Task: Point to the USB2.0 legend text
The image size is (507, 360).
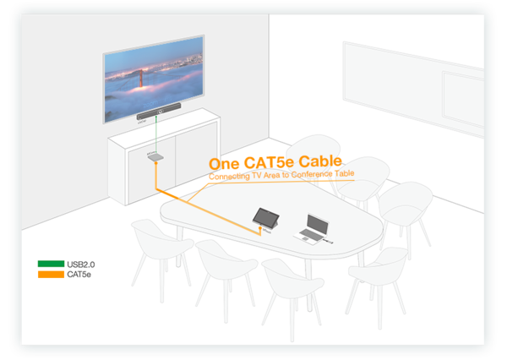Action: click(81, 264)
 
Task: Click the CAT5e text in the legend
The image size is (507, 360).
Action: click(79, 275)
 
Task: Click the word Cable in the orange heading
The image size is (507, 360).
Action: click(319, 161)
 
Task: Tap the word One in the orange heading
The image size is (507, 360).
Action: click(225, 163)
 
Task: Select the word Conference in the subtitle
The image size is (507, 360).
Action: click(307, 174)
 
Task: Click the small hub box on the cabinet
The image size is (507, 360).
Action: click(154, 156)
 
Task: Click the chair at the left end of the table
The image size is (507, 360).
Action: click(155, 245)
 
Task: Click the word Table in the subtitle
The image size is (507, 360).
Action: click(342, 173)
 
